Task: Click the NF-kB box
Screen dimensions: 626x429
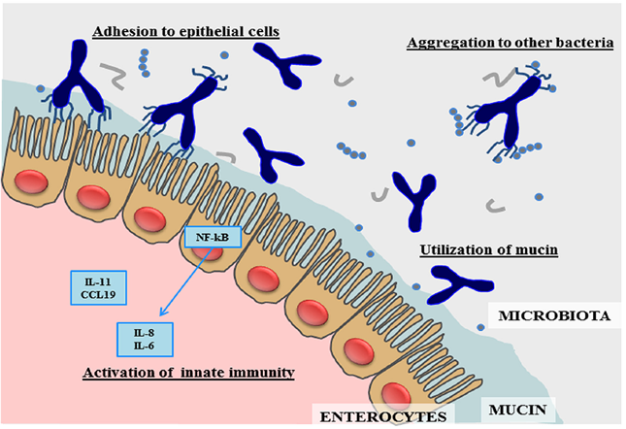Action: click(214, 237)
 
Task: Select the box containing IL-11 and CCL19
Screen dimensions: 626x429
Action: click(99, 287)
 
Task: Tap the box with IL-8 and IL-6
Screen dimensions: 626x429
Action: click(145, 339)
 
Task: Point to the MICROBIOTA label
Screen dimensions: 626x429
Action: click(554, 315)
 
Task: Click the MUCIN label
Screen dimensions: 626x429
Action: click(518, 410)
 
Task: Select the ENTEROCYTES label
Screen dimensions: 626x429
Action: click(383, 417)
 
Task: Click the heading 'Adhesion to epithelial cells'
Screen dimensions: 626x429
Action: click(185, 31)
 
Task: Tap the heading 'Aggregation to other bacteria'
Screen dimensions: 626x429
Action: click(511, 43)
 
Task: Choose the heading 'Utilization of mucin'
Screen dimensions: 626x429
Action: click(488, 249)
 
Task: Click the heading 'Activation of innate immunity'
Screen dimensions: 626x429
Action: click(189, 373)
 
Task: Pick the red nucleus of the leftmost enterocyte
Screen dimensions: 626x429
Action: click(31, 181)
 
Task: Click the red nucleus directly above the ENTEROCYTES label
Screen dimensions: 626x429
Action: click(396, 394)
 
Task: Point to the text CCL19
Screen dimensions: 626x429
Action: click(98, 294)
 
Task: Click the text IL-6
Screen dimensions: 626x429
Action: click(144, 346)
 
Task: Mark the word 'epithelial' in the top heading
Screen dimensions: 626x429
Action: click(197, 31)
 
